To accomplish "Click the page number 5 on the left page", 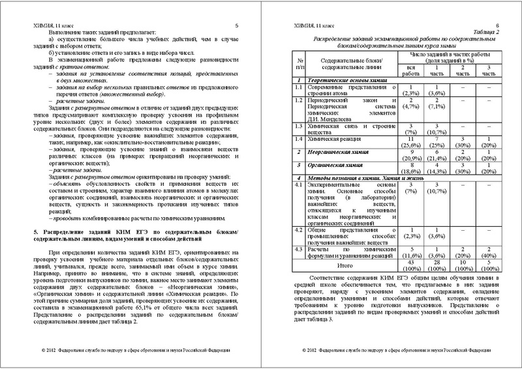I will coord(237,25).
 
